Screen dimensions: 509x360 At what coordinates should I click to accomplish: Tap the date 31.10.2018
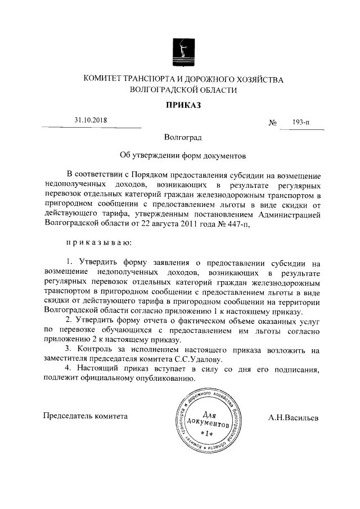pyautogui.click(x=91, y=120)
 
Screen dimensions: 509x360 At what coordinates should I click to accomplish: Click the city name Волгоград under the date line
pyautogui.click(x=180, y=137)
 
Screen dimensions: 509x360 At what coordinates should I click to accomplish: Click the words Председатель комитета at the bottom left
pyautogui.click(x=85, y=416)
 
